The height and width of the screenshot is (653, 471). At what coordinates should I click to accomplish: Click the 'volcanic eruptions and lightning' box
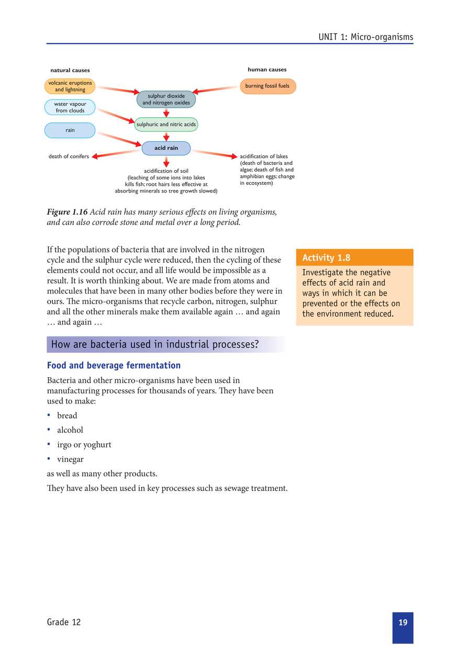point(70,86)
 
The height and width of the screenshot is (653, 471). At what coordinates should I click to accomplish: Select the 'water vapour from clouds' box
point(70,107)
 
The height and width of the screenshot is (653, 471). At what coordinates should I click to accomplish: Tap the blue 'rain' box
point(70,130)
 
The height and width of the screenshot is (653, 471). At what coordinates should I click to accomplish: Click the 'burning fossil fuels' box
point(267,86)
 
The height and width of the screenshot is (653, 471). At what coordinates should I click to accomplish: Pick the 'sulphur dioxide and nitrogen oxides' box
point(166,99)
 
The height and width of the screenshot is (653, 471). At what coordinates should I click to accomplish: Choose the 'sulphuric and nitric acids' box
point(166,125)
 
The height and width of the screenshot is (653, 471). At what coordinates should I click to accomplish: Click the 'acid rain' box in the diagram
point(166,148)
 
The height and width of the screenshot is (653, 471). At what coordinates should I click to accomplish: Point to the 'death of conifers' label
point(69,156)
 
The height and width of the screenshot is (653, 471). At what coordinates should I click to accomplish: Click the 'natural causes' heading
point(70,70)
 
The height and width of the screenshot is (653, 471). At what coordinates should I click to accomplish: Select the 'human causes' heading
point(267,70)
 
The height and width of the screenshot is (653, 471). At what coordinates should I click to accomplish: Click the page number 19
point(402,623)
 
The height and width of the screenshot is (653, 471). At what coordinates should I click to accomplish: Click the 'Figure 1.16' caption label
point(67,212)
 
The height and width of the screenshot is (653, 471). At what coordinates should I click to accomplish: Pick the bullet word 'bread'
point(67,415)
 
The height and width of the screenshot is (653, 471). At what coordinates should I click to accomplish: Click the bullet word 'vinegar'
point(70,459)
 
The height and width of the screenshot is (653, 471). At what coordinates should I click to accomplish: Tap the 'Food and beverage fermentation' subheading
point(114,365)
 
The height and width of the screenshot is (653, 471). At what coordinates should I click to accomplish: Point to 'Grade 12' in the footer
point(63,622)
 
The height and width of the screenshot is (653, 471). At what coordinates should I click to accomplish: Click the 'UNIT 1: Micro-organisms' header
point(365,37)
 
